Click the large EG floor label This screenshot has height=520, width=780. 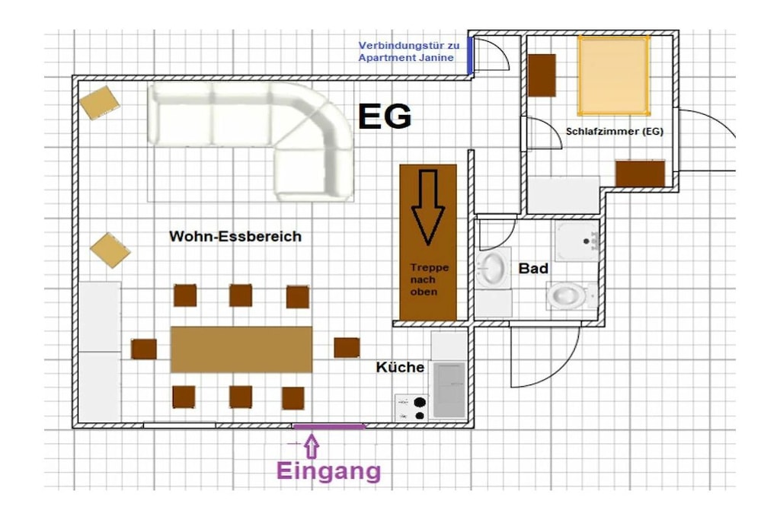click(385, 116)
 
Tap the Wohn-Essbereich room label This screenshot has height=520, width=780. click(235, 236)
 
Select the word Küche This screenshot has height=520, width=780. click(400, 368)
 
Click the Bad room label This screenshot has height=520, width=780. click(533, 269)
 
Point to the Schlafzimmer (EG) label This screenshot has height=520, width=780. click(615, 131)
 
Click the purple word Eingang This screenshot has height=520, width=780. click(329, 471)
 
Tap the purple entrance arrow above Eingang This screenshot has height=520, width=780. click(312, 446)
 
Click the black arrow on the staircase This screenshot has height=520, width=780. click(428, 207)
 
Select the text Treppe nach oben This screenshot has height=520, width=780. click(430, 279)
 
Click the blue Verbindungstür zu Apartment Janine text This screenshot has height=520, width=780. click(408, 51)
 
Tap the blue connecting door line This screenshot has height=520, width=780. click(469, 55)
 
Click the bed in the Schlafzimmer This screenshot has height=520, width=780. click(614, 75)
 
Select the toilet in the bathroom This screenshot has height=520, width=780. click(571, 295)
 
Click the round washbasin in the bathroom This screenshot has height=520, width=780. click(493, 269)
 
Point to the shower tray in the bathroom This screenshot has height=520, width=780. click(577, 241)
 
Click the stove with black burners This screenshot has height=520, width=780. click(412, 408)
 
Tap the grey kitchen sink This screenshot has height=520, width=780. click(449, 390)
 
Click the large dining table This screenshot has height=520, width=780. click(241, 349)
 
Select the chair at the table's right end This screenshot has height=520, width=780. click(347, 347)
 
